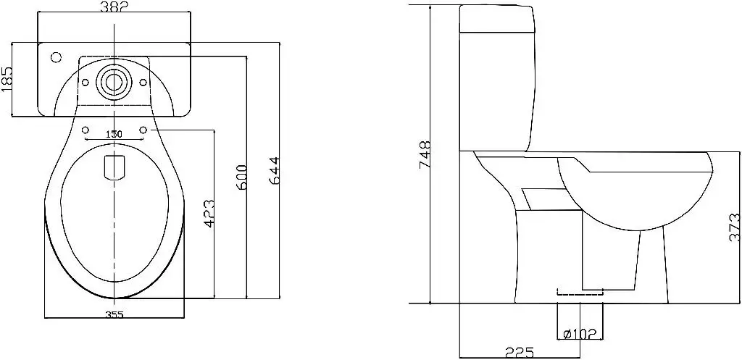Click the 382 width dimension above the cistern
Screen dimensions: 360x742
tap(114, 8)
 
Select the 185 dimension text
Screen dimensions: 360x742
tap(7, 79)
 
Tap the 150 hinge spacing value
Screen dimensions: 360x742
tap(114, 134)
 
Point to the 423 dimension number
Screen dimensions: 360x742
tap(209, 214)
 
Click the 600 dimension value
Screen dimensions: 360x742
tap(241, 178)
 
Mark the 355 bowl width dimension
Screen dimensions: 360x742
tap(114, 314)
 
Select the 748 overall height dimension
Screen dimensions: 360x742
tap(425, 154)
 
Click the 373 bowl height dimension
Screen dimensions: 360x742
tap(734, 227)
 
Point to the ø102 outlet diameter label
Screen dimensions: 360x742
tap(579, 333)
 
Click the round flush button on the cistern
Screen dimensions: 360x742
tap(114, 80)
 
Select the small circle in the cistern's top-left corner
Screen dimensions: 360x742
tap(55, 56)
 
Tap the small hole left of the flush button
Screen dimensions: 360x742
tap(86, 81)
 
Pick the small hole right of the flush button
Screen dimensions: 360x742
tap(142, 81)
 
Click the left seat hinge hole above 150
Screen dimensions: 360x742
tap(86, 130)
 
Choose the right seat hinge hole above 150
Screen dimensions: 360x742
tap(142, 130)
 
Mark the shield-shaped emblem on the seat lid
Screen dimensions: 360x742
tap(114, 167)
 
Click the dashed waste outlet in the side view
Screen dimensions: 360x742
tap(579, 292)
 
